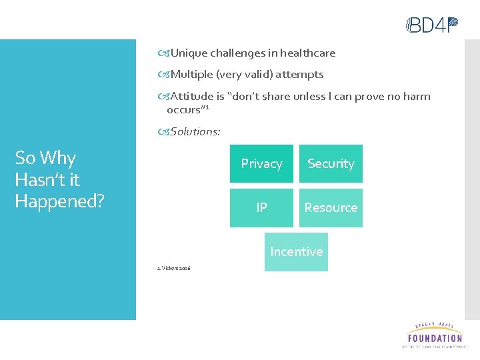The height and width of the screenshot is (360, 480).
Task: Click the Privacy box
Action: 261,163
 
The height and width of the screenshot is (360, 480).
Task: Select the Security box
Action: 331,163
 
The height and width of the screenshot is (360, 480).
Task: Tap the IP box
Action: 261,207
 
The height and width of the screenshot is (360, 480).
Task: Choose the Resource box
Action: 331,207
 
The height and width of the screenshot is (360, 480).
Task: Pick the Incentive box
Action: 296,251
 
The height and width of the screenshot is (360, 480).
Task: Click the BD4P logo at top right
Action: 433,25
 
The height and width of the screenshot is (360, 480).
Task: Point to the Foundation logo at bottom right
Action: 434,335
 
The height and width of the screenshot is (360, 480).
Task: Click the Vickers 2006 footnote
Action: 173,268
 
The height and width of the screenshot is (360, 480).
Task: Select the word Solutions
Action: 195,131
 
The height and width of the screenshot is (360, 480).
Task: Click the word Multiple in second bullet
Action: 191,74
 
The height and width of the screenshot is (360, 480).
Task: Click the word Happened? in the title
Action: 59,201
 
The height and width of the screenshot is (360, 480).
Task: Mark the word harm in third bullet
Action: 417,96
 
